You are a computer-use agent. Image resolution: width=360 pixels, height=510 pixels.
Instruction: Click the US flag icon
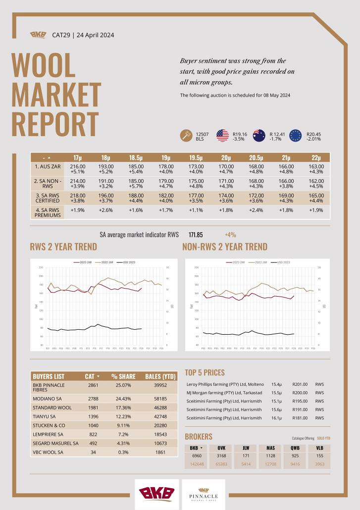point(222,136)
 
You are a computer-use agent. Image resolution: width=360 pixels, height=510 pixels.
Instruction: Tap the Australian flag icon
point(259,136)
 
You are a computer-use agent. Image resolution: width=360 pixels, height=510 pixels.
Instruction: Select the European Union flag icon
point(296,136)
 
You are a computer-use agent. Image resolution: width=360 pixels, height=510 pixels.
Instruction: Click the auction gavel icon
point(186,136)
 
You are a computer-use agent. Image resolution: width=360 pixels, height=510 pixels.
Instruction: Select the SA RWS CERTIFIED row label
point(47,199)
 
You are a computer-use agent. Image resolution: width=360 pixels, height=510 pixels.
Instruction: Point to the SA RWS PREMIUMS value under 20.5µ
point(257,210)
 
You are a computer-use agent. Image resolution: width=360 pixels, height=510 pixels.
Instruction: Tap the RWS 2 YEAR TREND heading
point(63,247)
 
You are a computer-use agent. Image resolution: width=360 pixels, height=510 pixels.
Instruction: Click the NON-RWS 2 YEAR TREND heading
point(225,247)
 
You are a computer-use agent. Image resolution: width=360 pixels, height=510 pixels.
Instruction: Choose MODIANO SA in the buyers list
point(48,398)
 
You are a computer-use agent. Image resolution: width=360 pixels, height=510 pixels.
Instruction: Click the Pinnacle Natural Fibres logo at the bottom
point(203,494)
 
